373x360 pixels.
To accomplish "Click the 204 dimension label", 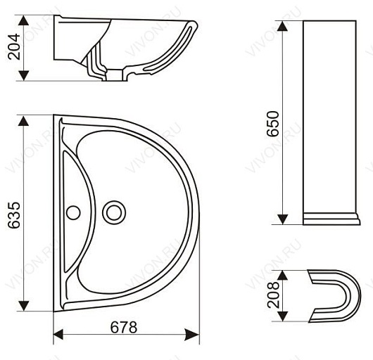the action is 14,46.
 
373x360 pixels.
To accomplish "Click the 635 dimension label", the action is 14,215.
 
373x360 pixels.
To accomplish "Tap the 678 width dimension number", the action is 124,328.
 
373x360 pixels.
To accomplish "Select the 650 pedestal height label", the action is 272,124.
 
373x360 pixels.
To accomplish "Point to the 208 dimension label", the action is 272,295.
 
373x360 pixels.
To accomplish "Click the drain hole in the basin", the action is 114,212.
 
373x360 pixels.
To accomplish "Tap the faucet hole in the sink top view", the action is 73,212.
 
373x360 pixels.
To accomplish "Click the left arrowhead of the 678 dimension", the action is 58,335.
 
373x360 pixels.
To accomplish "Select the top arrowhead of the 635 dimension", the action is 23,121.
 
